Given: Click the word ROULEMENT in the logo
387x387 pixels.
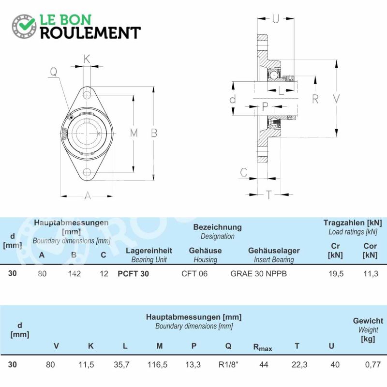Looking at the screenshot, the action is click(x=90, y=33).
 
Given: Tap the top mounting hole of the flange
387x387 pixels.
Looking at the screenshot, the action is click(x=87, y=95).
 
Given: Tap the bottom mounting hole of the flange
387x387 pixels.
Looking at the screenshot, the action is click(x=87, y=172).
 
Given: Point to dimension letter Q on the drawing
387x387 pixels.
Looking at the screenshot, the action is click(x=54, y=72).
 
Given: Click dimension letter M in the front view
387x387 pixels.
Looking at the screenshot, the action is click(x=134, y=133).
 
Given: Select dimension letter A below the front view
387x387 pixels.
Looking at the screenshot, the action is click(x=88, y=196).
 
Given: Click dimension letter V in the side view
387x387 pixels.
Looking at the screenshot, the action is click(x=336, y=99).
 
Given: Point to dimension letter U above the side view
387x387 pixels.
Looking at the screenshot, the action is click(x=275, y=19).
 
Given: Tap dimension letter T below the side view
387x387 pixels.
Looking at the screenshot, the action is click(x=268, y=195).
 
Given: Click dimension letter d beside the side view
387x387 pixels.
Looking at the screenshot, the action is click(x=233, y=99).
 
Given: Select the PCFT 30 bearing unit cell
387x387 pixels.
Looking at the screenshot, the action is click(x=134, y=274).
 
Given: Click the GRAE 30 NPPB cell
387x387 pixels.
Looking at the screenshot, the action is click(x=258, y=274).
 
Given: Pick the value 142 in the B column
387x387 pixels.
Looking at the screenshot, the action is click(x=74, y=274).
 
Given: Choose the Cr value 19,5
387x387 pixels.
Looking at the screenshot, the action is click(x=336, y=274).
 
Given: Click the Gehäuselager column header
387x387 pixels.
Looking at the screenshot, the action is click(x=274, y=251).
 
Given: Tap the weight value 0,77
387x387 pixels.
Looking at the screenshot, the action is click(x=372, y=365).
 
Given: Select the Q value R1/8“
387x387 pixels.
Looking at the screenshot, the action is click(x=228, y=365).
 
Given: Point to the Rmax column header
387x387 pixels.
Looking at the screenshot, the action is click(x=263, y=347).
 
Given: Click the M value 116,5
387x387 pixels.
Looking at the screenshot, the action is click(x=158, y=365).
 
